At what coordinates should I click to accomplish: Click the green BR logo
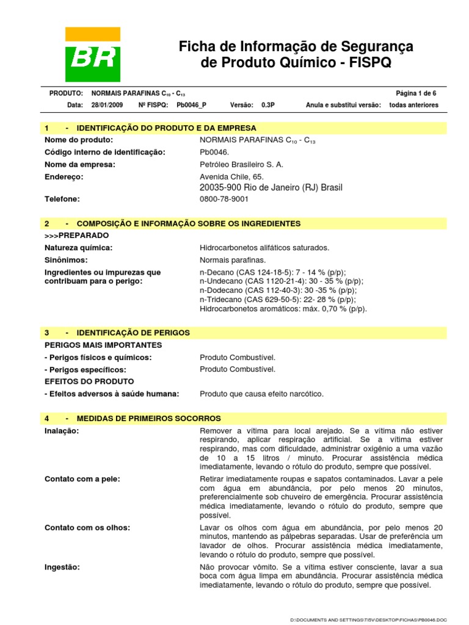point(93,55)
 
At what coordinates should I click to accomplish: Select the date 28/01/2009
point(107,105)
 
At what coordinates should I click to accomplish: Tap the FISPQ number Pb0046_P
point(191,105)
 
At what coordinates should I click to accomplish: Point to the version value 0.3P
point(268,105)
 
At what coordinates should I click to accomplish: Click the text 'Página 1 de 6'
point(416,93)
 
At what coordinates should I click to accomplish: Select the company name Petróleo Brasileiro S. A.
point(242,164)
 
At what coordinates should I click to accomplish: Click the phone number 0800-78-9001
point(224,199)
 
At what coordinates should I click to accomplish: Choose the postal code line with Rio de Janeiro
point(271,187)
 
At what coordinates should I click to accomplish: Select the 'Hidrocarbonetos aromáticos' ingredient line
point(283,309)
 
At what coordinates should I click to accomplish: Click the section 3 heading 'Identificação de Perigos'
point(133,333)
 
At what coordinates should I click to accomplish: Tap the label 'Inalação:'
point(62,430)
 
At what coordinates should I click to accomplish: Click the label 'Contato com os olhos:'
point(83,527)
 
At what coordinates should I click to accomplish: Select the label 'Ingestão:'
point(62,566)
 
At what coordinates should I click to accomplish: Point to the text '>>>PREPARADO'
point(77,235)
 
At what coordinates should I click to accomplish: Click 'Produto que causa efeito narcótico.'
point(261,394)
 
